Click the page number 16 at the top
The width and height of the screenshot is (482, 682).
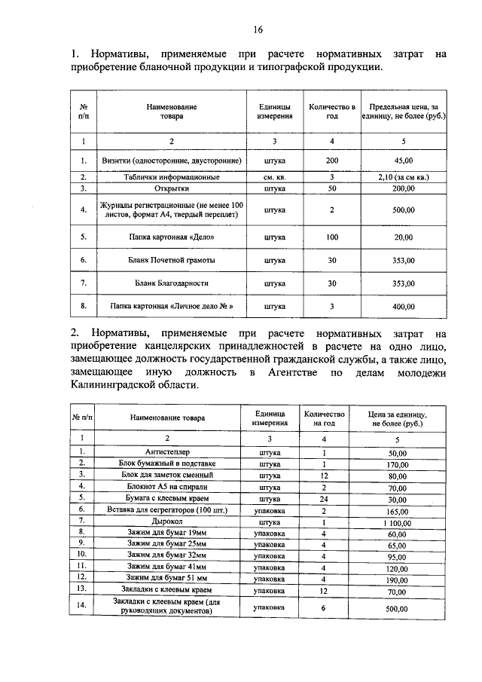(x=258, y=30)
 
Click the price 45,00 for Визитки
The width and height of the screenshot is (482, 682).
(x=403, y=161)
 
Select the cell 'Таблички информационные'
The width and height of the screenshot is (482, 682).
(x=172, y=178)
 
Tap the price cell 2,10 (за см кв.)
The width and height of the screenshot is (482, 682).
(x=403, y=178)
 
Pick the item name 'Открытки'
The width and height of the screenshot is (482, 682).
(x=172, y=188)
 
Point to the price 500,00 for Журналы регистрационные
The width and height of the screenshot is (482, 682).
(x=403, y=210)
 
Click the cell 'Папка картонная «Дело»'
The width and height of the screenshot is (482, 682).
(x=172, y=237)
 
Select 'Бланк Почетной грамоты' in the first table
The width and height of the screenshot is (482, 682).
(x=172, y=261)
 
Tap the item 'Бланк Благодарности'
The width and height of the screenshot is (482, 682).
(x=172, y=283)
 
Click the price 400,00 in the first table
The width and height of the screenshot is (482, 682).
(x=403, y=307)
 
